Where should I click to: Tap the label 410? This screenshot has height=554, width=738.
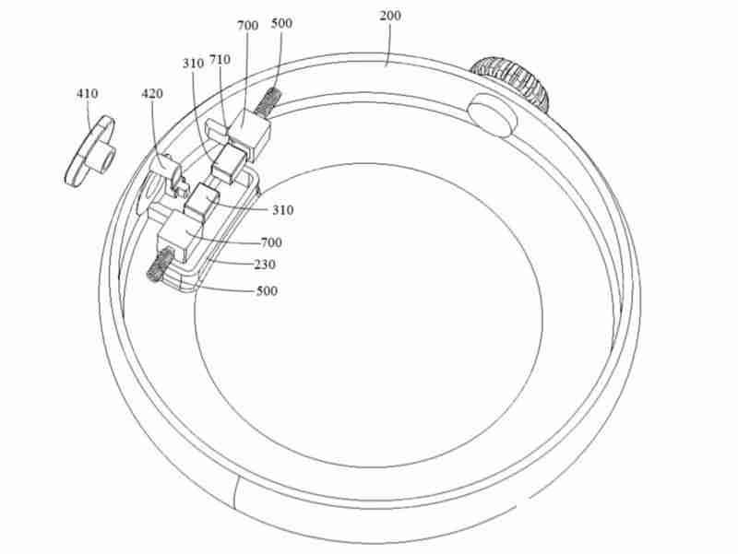(89, 93)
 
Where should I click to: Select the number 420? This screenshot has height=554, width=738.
(152, 93)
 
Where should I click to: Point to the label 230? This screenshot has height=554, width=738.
(264, 265)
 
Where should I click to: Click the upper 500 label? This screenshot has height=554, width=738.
(281, 24)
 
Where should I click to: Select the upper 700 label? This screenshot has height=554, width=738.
(247, 28)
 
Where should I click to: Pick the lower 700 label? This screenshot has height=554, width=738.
(271, 242)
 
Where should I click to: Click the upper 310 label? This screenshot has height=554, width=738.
(193, 64)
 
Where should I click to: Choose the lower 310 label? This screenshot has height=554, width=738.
(282, 210)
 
